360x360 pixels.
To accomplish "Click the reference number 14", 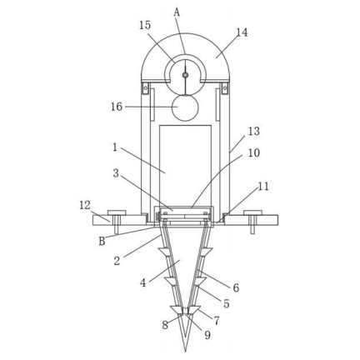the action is click(242, 32).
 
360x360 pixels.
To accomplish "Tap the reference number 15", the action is click(145, 25).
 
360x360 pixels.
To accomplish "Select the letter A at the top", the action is click(177, 12).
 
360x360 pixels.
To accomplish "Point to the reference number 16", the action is click(117, 107).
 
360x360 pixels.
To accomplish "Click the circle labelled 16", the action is click(185, 107).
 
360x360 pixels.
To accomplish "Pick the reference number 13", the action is click(253, 131).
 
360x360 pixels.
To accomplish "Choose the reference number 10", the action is click(253, 152).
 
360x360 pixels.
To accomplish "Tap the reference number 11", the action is click(263, 187).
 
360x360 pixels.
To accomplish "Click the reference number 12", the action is click(85, 205).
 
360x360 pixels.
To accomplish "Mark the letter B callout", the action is click(102, 241).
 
